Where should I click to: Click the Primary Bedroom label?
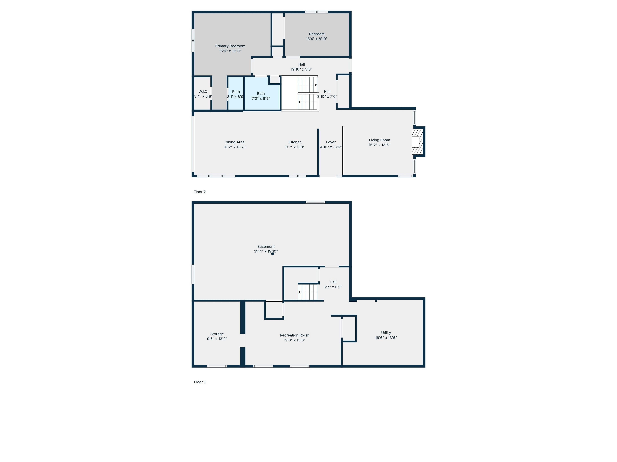(230, 46)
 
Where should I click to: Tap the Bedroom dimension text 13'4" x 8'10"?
(317, 39)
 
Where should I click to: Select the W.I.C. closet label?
(203, 91)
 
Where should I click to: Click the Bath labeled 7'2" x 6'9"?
(261, 96)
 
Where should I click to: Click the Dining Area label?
(234, 142)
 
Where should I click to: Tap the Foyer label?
(331, 142)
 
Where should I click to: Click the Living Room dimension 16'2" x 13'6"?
(379, 145)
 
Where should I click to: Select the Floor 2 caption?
(200, 192)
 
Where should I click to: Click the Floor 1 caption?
(200, 382)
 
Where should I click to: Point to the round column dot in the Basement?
(273, 254)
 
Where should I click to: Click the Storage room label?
(217, 334)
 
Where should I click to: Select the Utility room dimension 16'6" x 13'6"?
(386, 338)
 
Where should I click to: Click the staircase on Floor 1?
(308, 292)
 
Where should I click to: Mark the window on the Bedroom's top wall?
(316, 12)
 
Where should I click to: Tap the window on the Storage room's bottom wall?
(217, 366)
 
